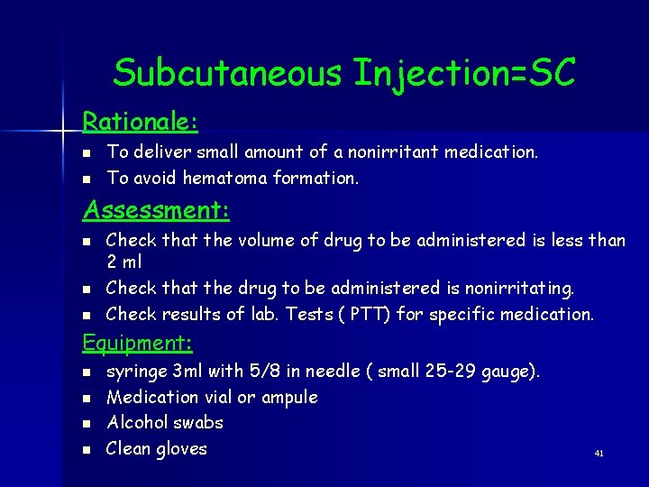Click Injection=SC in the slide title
pos(464,73)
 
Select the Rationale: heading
pos(140,120)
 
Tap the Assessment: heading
pos(156,210)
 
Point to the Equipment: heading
pos(138,343)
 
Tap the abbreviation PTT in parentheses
pos(410,314)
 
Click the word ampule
pos(288,397)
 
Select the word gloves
pos(182,448)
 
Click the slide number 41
pos(599,454)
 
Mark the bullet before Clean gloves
pos(87,449)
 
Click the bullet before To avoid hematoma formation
pos(87,179)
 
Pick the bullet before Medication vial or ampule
pos(87,398)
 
